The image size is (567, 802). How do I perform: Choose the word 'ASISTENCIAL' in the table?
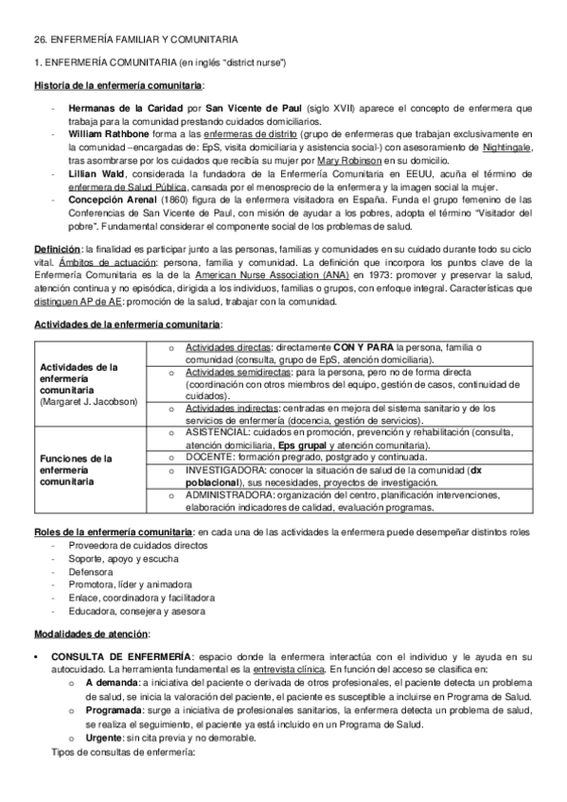click(x=216, y=429)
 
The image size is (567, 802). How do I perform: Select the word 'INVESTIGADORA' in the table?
click(x=225, y=468)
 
